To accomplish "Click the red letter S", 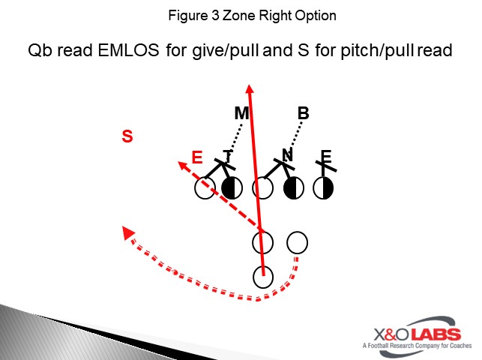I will tap(127, 136).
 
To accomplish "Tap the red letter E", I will tap(197, 157).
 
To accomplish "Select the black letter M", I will tap(241, 114).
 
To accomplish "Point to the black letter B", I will tap(303, 114).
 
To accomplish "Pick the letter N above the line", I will tap(287, 155).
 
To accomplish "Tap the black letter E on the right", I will tap(325, 157).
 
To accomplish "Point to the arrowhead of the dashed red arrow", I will tap(181, 164).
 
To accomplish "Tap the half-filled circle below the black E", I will tap(324, 187).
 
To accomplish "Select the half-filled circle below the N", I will tap(293, 187).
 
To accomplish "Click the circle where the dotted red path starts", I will tap(298, 242).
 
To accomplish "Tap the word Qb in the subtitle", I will tap(39, 52).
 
